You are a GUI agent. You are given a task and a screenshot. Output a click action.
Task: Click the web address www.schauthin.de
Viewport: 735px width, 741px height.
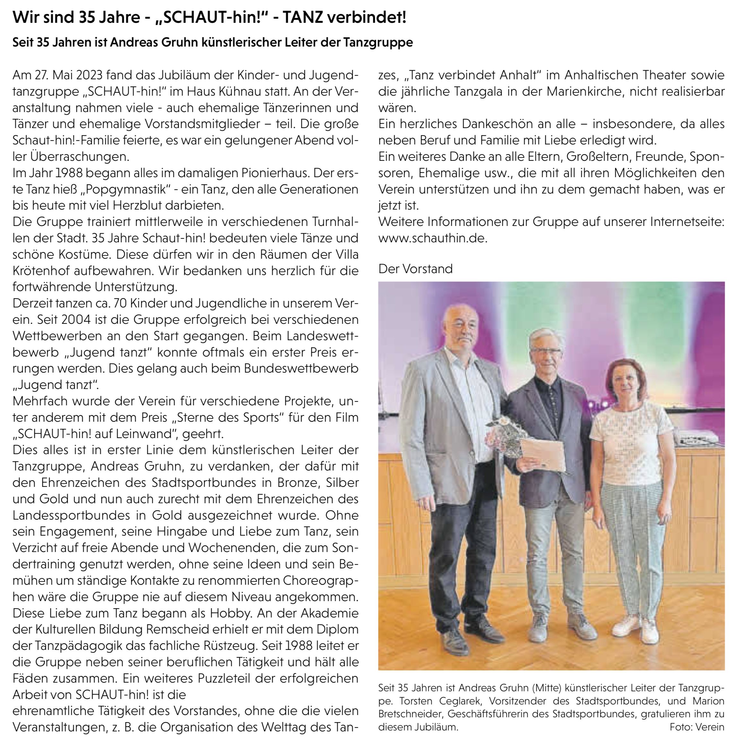tap(432, 238)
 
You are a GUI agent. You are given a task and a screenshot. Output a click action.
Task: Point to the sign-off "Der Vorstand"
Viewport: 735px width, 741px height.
tap(415, 269)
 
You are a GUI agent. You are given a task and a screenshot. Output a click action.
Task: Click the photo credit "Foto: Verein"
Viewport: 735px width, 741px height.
tap(696, 727)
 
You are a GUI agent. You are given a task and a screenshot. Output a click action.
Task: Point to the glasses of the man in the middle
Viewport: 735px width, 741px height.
tap(545, 350)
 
